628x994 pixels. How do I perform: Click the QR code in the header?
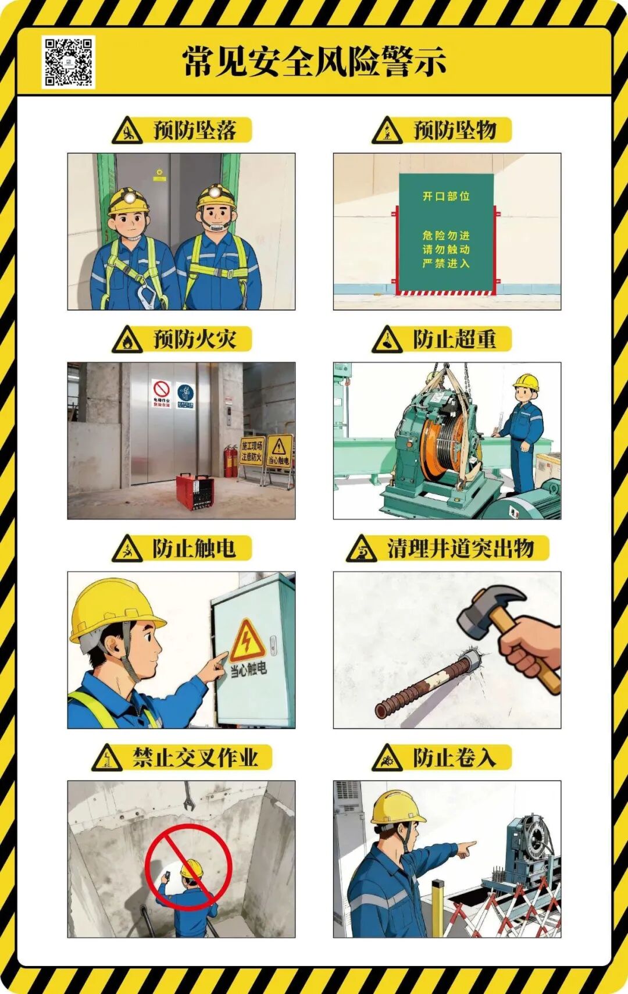(x=69, y=62)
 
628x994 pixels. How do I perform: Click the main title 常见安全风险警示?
(x=314, y=62)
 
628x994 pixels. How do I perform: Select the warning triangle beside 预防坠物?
(x=387, y=131)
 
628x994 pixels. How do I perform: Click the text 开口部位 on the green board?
(x=446, y=197)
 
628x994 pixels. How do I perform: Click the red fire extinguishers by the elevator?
(x=231, y=461)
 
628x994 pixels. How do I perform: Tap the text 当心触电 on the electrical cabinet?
(x=248, y=669)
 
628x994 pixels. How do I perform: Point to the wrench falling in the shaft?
(x=188, y=798)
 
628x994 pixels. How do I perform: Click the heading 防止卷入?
(x=454, y=758)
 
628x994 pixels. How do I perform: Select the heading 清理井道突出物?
(x=460, y=548)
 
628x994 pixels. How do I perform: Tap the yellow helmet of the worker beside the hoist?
(x=526, y=382)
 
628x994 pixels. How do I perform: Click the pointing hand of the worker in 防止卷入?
(x=466, y=849)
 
